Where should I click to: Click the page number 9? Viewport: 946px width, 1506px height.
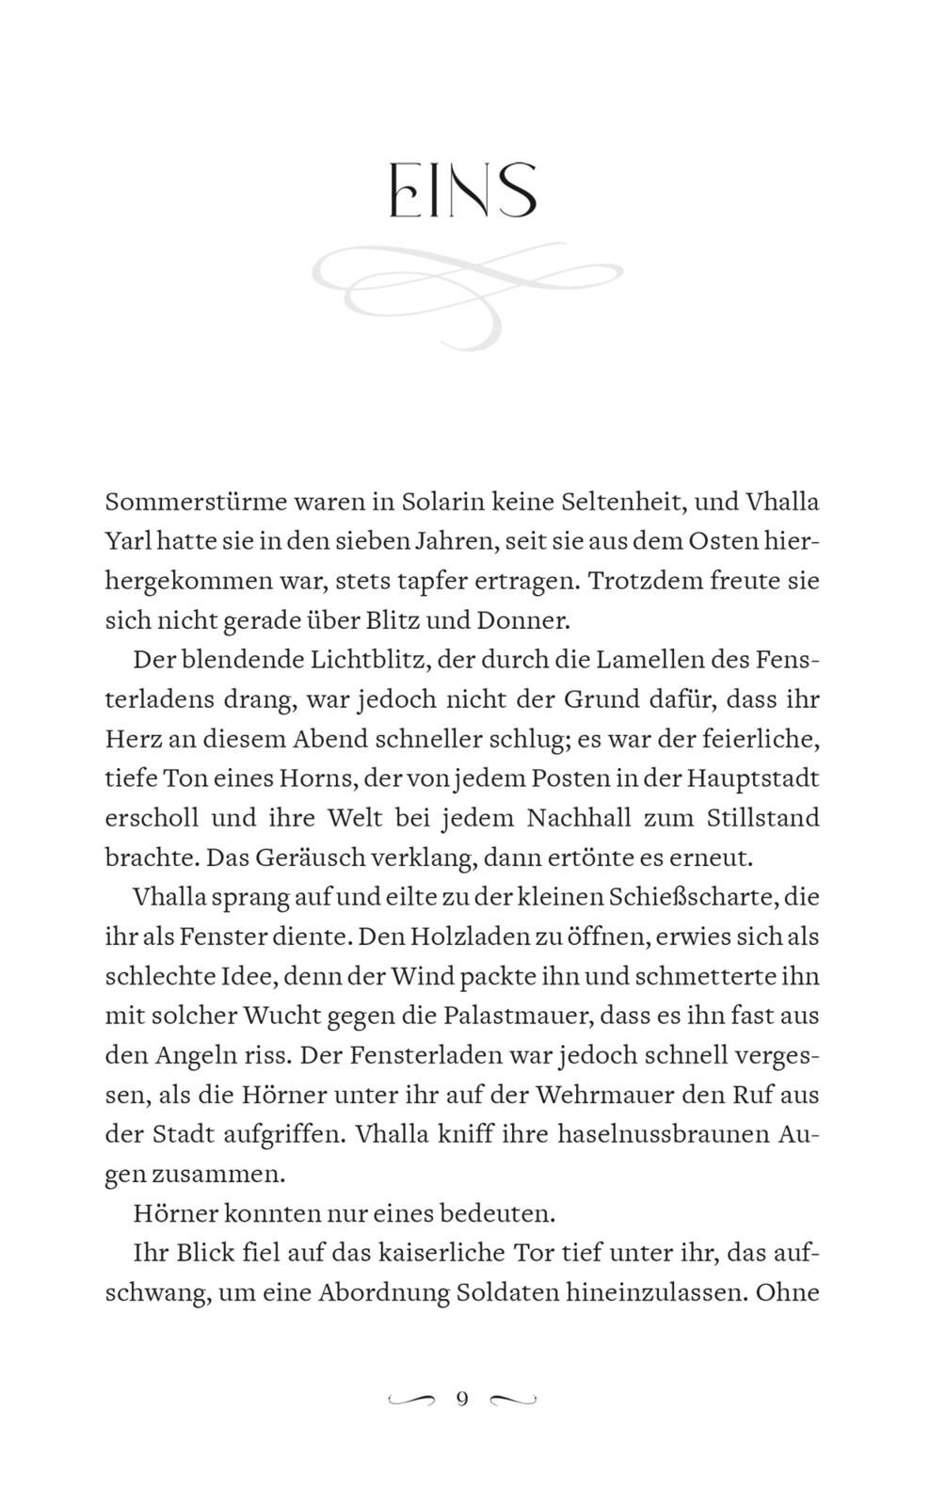[x=461, y=1399]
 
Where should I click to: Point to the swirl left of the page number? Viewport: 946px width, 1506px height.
[x=411, y=1400]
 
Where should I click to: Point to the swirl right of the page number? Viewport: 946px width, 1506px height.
[x=513, y=1400]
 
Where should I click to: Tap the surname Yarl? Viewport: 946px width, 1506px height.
[x=127, y=541]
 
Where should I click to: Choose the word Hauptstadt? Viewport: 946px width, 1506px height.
[x=752, y=778]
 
